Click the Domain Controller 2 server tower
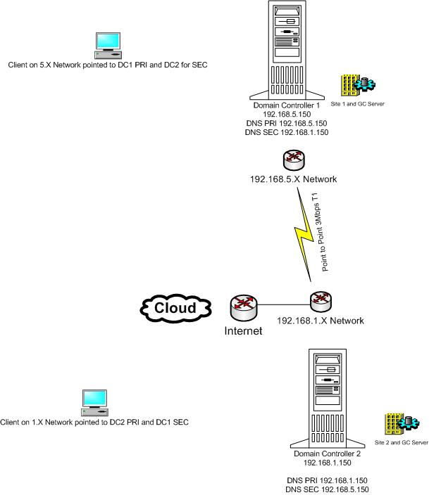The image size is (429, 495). coord(326,397)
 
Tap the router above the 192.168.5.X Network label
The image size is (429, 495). coord(292,160)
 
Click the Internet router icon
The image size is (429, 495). coord(243,307)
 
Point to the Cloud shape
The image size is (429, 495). coord(175,308)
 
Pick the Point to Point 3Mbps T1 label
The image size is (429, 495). coord(326,231)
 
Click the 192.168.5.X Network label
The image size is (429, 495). coord(293,179)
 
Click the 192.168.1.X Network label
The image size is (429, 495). coord(321,321)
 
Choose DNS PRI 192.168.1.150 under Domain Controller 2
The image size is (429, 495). coord(326,480)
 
